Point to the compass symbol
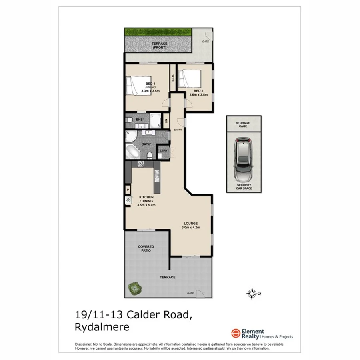point(252,294)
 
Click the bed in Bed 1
point(134,86)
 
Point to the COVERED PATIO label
point(146,249)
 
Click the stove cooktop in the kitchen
point(140,163)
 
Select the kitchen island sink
point(157,174)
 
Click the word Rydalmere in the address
point(102,327)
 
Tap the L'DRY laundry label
point(163,150)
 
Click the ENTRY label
point(178,130)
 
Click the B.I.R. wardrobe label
point(173,78)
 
